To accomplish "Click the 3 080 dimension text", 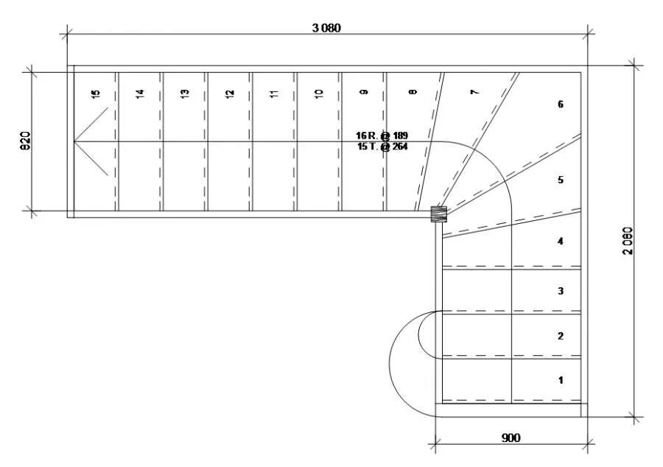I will click(326, 28).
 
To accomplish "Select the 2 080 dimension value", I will click(628, 240).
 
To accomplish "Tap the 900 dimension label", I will click(511, 438).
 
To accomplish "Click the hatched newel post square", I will click(438, 214).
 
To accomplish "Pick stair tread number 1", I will click(561, 381).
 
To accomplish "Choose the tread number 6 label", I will click(561, 104).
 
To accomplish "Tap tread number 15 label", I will click(95, 94).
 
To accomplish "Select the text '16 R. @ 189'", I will click(382, 136).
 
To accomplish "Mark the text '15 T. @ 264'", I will click(382, 147).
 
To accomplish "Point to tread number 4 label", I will click(561, 241).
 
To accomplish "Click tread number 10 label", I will click(318, 94).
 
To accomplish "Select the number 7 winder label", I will click(474, 92).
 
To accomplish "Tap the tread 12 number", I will click(230, 94).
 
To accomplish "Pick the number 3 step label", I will click(561, 291).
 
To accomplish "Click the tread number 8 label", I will click(412, 92).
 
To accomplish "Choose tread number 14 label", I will click(140, 94).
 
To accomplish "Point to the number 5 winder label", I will click(561, 180).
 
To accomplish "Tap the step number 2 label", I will click(561, 336).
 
